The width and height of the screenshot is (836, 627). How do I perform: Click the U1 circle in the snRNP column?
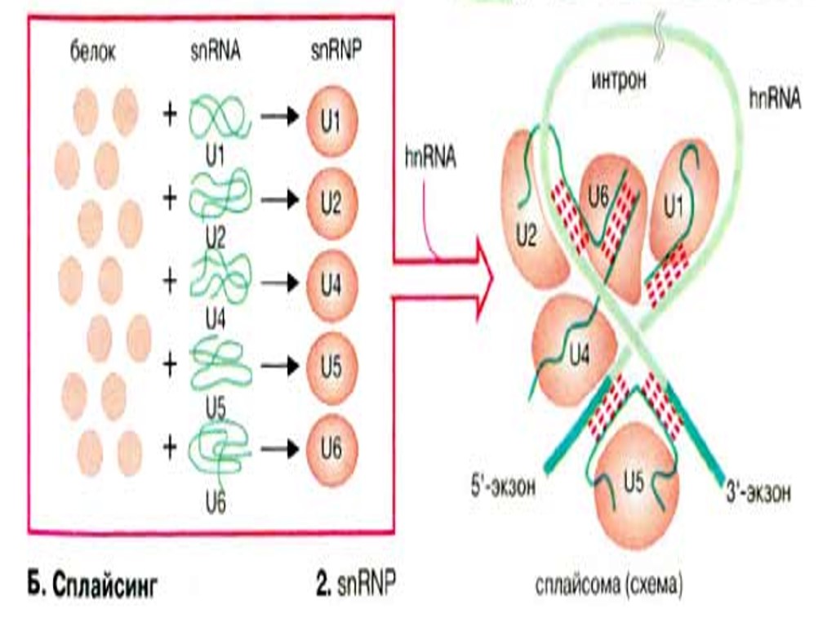pyautogui.click(x=331, y=122)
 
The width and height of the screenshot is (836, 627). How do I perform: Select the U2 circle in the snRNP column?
pyautogui.click(x=331, y=202)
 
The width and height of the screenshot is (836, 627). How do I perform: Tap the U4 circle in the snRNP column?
pyautogui.click(x=331, y=283)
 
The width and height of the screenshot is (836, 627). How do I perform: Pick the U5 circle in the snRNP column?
pyautogui.click(x=331, y=364)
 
